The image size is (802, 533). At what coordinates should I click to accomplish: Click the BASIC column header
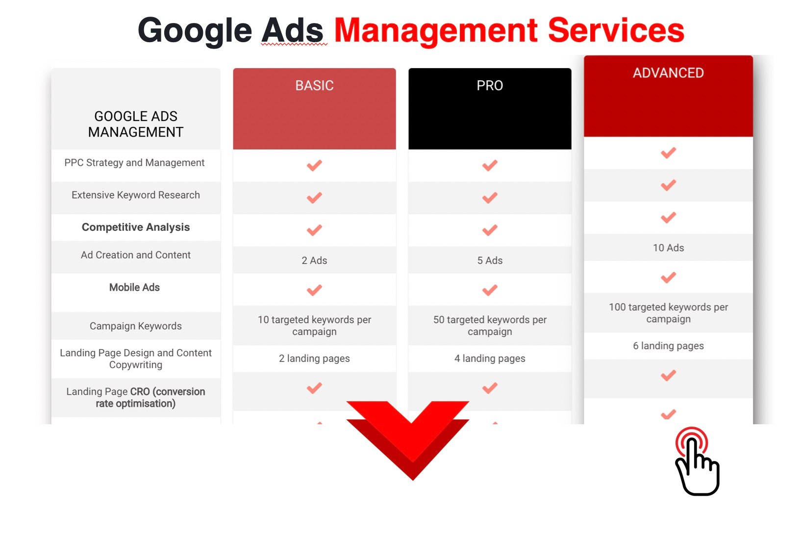tap(314, 86)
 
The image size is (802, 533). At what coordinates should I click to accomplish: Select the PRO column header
tap(490, 86)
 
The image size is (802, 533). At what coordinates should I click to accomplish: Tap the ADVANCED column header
tap(668, 73)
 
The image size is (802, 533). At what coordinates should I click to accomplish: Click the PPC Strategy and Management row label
tap(134, 163)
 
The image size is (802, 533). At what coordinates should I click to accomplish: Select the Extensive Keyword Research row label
tap(136, 195)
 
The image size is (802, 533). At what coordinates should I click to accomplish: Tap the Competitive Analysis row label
tap(136, 227)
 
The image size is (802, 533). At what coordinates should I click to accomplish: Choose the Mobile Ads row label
tap(134, 287)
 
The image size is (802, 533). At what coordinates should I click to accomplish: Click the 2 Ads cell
tap(314, 261)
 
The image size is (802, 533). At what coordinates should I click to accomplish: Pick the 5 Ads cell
tap(490, 261)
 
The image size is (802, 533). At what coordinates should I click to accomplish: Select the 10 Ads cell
tap(669, 248)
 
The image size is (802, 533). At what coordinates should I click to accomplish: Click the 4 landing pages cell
tap(490, 359)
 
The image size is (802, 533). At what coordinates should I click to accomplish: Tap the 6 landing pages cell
tap(669, 346)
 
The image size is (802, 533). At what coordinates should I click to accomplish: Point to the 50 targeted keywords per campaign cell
tap(490, 325)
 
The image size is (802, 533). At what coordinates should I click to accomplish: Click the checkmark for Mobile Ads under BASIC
tap(314, 290)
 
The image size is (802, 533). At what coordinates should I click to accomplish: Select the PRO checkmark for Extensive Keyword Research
tap(490, 198)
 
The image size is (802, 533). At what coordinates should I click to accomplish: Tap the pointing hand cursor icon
tap(697, 461)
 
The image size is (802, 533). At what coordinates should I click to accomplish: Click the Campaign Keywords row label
tap(136, 326)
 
